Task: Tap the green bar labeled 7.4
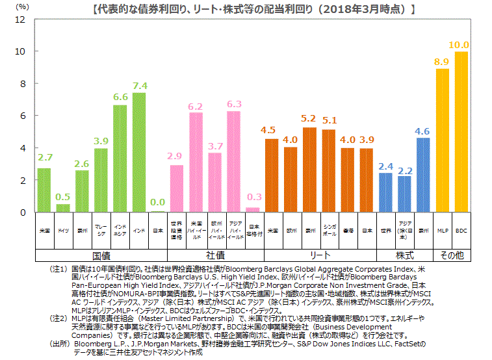coord(138,152)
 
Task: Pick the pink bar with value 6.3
coord(233,161)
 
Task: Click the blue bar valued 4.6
coord(423,175)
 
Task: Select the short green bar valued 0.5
coord(63,208)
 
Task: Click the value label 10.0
coord(460,45)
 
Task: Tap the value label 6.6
coord(120,97)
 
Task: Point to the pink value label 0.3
coord(253,197)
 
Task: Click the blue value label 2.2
coord(404,170)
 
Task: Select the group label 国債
coord(101,255)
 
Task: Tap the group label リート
coord(320,255)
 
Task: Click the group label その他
coord(452,255)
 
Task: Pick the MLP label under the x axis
coord(443,231)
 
